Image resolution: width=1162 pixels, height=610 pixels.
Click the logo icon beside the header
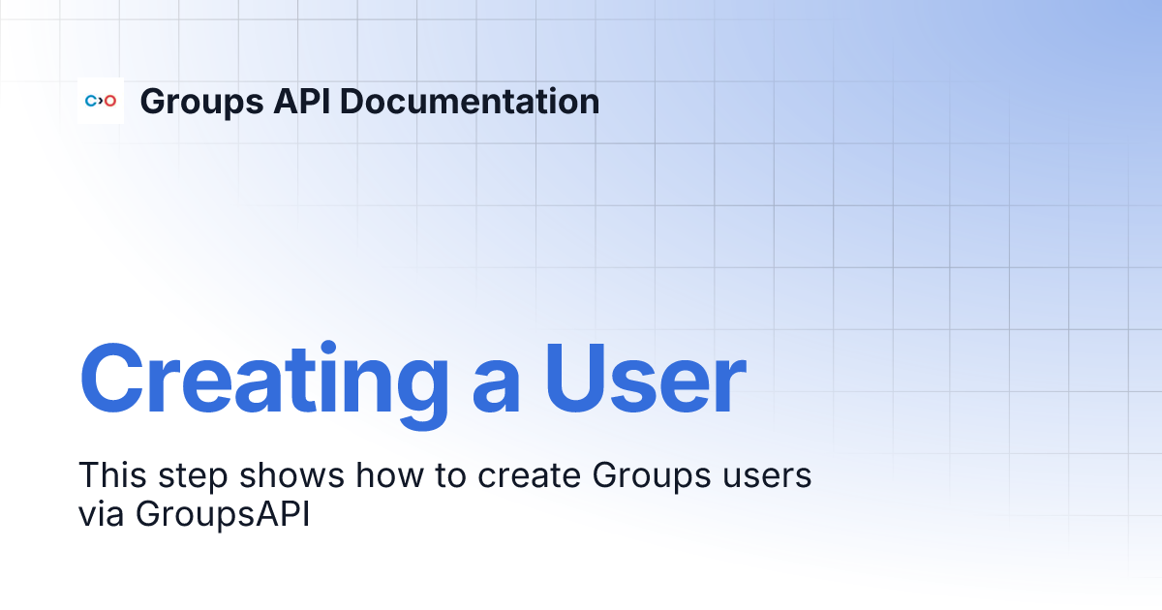tap(101, 101)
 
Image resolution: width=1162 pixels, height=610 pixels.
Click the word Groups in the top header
tap(195, 102)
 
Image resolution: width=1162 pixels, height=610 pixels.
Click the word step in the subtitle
tap(198, 477)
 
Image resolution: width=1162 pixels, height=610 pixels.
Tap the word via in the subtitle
tap(102, 514)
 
